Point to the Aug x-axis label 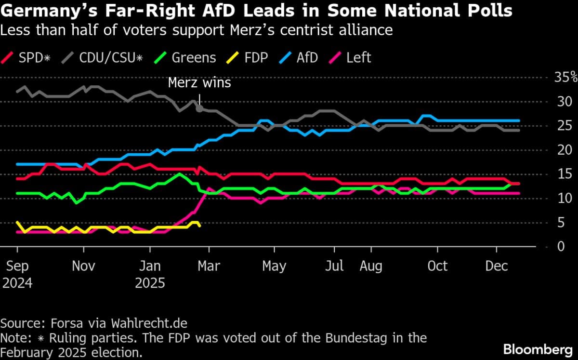[x=371, y=266]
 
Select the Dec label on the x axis [x=497, y=266]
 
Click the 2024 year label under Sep [x=17, y=282]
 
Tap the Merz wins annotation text [x=199, y=83]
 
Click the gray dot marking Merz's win [x=199, y=109]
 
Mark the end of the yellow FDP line [x=199, y=226]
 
